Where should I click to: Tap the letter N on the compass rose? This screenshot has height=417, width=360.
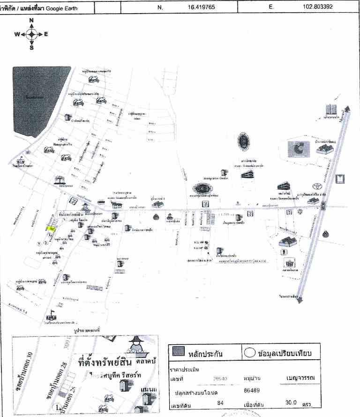point(31,20)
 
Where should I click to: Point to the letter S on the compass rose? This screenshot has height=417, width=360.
point(31,47)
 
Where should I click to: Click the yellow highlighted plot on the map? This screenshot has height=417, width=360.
point(52,229)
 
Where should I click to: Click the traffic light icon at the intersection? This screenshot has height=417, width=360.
point(323,205)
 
